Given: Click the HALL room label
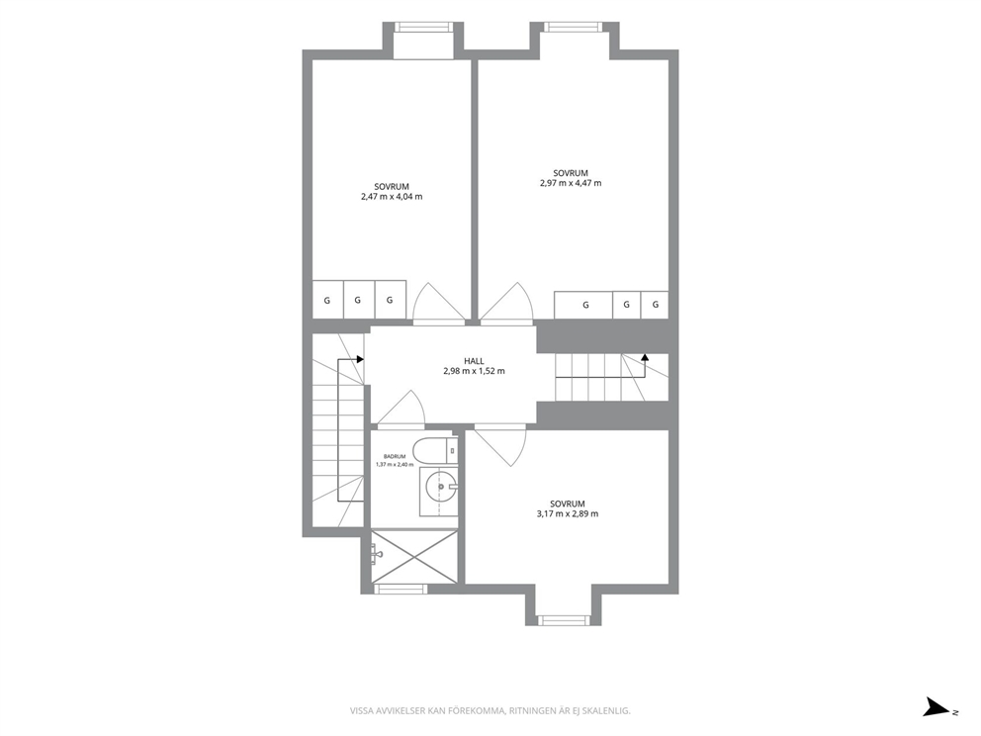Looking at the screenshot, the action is (x=474, y=361).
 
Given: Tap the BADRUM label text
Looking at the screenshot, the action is (x=395, y=457).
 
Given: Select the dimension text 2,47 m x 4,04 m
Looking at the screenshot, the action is (x=392, y=197).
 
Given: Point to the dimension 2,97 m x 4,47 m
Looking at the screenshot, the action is (x=571, y=183).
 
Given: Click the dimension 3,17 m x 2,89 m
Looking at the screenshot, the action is (x=568, y=513).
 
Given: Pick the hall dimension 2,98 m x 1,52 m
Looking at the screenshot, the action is (x=474, y=371).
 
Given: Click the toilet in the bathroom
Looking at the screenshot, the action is (x=437, y=449).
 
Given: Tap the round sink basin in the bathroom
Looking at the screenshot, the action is (x=441, y=487).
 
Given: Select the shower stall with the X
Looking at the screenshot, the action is (x=413, y=556).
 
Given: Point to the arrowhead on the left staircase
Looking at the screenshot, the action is (x=360, y=359).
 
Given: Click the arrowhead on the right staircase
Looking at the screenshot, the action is (x=645, y=357).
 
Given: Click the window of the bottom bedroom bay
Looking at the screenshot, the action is (x=564, y=620).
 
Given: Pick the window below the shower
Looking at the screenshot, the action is (x=401, y=589).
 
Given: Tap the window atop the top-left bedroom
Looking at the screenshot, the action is (x=423, y=27).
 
